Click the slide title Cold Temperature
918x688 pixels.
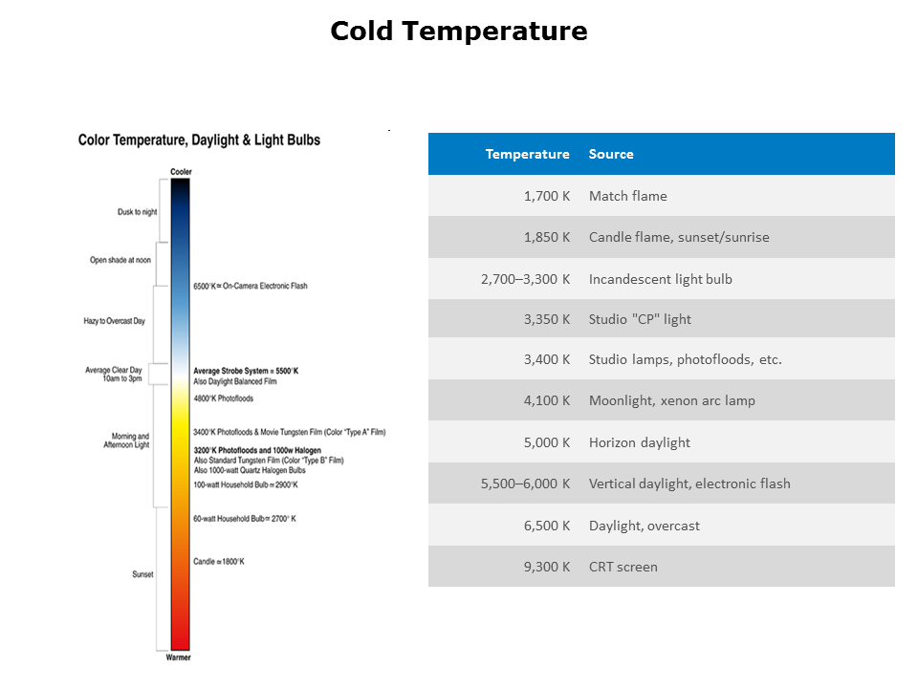coord(459,32)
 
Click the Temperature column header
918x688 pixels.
coord(527,154)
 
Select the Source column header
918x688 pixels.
coord(611,154)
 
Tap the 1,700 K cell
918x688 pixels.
coord(547,196)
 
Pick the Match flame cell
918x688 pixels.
coord(628,196)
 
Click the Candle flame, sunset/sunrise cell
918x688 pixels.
coord(679,237)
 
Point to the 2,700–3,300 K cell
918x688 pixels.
coord(525,279)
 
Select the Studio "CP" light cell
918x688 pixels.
coord(640,319)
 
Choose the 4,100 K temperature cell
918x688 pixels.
coord(547,400)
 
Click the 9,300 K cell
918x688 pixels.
coord(547,567)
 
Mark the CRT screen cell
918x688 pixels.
coord(623,567)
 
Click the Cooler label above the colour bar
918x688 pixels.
coord(181,172)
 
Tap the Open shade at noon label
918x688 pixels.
coord(120,260)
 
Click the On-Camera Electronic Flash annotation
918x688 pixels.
coord(251,286)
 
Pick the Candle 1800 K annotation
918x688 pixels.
coord(219,561)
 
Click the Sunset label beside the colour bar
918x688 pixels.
coord(142,574)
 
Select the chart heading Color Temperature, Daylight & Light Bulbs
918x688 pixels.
coord(199,140)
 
